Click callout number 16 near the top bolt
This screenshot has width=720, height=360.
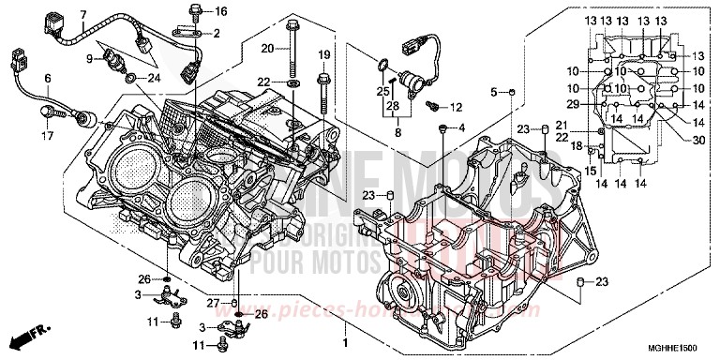pyautogui.click(x=221, y=11)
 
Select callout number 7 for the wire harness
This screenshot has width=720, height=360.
pyautogui.click(x=82, y=15)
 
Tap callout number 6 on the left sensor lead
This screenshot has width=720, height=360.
pyautogui.click(x=21, y=78)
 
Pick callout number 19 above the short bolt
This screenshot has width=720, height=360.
pyautogui.click(x=323, y=53)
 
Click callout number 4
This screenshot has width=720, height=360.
pyautogui.click(x=461, y=127)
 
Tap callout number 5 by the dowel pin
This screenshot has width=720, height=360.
pyautogui.click(x=494, y=91)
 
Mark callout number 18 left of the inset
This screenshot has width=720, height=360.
pyautogui.click(x=577, y=145)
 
